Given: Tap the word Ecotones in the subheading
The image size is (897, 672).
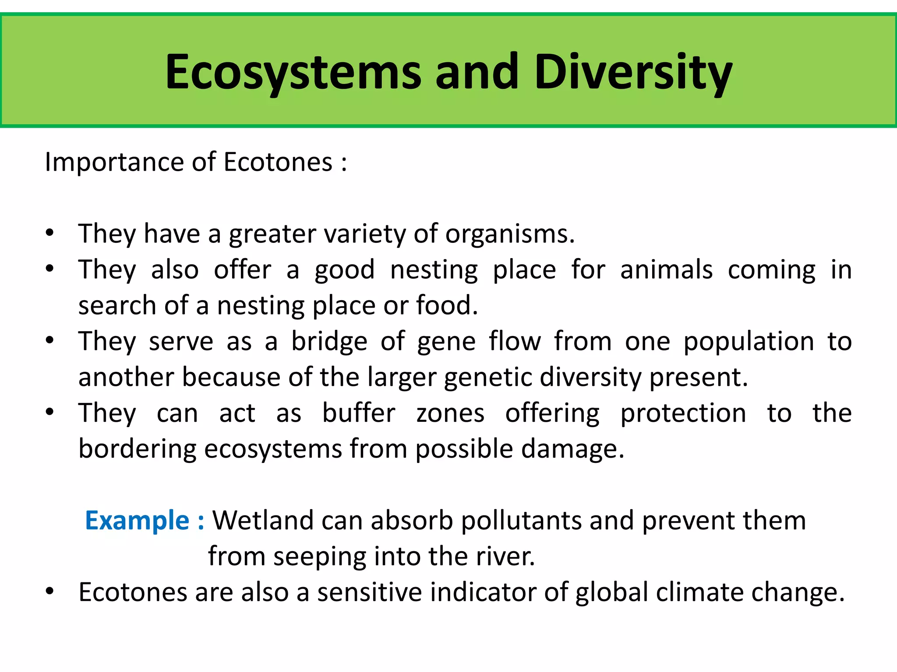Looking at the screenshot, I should tap(278, 162).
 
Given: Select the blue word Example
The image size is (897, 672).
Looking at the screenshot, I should tap(137, 521).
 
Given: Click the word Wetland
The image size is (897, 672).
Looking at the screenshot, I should tap(263, 521).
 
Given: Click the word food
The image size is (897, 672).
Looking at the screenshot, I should tap(446, 305).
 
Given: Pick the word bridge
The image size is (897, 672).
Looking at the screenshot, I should tap(329, 342).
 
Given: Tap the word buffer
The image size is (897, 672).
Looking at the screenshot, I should tap(359, 413).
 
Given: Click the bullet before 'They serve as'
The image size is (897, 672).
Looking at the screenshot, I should tap(49, 340).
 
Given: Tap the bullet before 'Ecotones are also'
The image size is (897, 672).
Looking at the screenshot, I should tap(49, 591).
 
